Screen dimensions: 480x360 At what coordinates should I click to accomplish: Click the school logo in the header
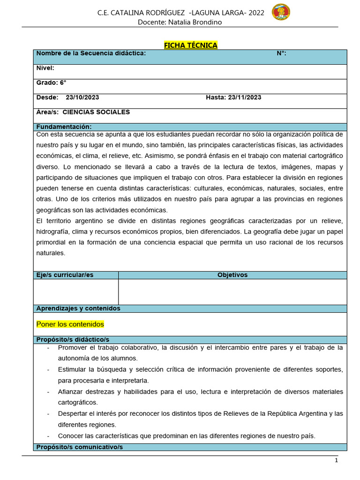click(x=281, y=13)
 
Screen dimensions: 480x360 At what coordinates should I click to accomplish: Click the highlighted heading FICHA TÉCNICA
click(x=190, y=45)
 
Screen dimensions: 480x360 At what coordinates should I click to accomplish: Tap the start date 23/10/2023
click(x=82, y=97)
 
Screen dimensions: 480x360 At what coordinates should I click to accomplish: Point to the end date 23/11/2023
click(x=245, y=97)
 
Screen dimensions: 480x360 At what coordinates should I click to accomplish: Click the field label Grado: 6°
click(x=51, y=82)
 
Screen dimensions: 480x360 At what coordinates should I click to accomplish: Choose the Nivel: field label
click(x=45, y=68)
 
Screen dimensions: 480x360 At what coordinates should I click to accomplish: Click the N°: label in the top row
click(x=281, y=53)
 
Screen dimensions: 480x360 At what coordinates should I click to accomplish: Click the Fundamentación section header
click(x=64, y=127)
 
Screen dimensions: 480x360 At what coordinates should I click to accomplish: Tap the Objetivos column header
click(x=232, y=275)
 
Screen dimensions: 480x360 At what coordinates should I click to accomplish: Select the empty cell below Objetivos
click(x=232, y=292)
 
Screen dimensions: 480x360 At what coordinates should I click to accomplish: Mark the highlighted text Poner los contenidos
click(x=70, y=324)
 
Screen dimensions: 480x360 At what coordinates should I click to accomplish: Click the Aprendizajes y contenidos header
click(x=78, y=308)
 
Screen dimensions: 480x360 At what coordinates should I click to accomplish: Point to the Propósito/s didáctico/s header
click(x=73, y=339)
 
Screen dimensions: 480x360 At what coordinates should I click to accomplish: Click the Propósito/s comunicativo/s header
click(x=79, y=447)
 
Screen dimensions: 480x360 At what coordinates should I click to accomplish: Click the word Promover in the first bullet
click(x=73, y=347)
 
